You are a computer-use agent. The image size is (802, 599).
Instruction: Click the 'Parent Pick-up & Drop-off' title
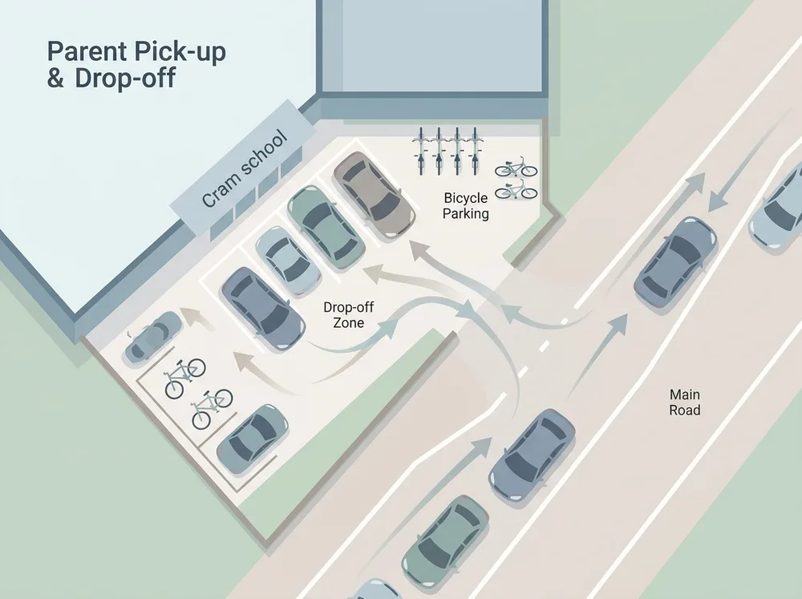point(136,65)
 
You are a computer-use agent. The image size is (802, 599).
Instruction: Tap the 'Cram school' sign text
point(245,169)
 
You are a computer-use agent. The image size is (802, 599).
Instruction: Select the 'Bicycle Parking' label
point(465,205)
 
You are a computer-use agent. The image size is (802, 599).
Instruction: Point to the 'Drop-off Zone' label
point(348,314)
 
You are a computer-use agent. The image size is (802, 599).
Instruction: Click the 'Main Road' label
point(684,402)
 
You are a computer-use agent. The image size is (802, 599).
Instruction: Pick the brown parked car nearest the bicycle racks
point(374,194)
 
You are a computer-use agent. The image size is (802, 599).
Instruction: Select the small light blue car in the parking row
point(288,261)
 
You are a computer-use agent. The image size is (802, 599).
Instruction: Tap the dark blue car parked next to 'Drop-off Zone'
point(262,309)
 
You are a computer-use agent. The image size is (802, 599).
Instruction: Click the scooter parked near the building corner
point(153,337)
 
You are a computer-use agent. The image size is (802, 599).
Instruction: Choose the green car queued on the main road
point(445,540)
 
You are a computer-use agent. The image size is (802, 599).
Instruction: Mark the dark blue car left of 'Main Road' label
point(533,454)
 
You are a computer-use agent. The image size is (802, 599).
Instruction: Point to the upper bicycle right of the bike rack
point(516,168)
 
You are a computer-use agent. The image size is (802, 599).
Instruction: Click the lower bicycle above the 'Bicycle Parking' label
point(516,189)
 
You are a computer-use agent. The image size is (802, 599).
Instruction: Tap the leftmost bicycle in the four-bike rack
point(421,151)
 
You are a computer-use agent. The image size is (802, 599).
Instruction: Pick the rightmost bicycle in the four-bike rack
point(475,151)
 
